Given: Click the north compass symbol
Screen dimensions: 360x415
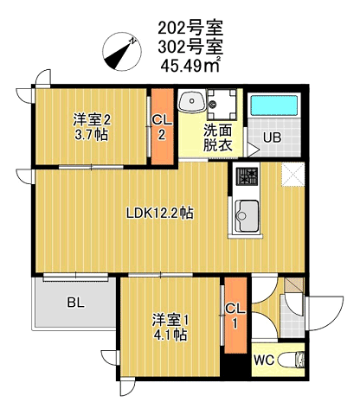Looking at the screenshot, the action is [x=122, y=51].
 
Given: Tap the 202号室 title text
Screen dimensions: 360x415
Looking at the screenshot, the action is [x=190, y=28].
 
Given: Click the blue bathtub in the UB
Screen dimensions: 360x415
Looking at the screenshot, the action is [x=273, y=105].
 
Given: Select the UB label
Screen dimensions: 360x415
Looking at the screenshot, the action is [x=272, y=137].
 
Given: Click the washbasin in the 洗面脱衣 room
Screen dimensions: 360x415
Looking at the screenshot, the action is [x=191, y=101].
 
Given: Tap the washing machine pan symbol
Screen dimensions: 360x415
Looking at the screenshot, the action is [x=222, y=104].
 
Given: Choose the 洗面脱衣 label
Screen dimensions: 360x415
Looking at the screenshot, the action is [x=218, y=137].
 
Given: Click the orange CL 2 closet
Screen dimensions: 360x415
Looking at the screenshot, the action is [x=163, y=127].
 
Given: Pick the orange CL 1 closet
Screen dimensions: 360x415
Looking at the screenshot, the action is [x=235, y=316].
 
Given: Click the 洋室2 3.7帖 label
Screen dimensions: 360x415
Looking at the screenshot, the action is [x=92, y=127].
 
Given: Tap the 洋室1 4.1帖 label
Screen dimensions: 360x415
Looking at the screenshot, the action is [x=170, y=328].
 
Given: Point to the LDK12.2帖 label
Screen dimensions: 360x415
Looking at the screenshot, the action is [x=160, y=214].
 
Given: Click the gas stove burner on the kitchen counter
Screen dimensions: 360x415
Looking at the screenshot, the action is [x=247, y=176].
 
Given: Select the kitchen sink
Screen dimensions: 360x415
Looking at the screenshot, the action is [x=247, y=215].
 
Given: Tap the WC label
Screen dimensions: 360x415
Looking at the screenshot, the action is [x=264, y=360].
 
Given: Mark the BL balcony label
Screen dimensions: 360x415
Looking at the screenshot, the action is [x=76, y=303].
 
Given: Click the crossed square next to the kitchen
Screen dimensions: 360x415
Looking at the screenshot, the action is [x=292, y=175].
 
